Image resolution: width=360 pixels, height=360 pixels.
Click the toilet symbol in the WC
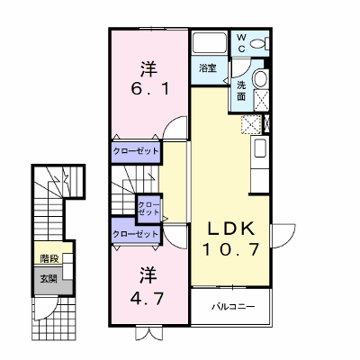pyautogui.click(x=259, y=44)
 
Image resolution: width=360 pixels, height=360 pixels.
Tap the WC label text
pyautogui.click(x=241, y=43)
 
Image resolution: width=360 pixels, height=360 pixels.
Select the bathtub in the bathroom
pyautogui.click(x=210, y=43)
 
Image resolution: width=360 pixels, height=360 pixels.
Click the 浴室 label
pyautogui.click(x=208, y=68)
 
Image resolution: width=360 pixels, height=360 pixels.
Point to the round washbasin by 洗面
pyautogui.click(x=260, y=78)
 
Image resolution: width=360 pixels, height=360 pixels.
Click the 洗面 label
pyautogui.click(x=241, y=91)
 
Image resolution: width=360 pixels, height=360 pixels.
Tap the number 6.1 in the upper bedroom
pyautogui.click(x=149, y=89)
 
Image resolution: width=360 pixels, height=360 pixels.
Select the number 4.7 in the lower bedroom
pyautogui.click(x=147, y=298)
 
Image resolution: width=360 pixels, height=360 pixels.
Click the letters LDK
pyautogui.click(x=232, y=229)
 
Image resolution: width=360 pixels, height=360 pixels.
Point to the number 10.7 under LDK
pyautogui.click(x=231, y=249)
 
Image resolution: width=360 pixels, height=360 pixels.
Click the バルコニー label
pyautogui.click(x=233, y=307)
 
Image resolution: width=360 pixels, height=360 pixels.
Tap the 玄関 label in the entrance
pyautogui.click(x=49, y=279)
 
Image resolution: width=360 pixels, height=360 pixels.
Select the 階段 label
pyautogui.click(x=49, y=258)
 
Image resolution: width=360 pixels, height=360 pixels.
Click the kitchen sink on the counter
pyautogui.click(x=260, y=148)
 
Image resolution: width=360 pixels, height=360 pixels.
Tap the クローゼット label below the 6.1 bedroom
pyautogui.click(x=135, y=151)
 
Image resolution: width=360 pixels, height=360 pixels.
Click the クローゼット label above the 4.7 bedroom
pyautogui.click(x=135, y=233)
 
